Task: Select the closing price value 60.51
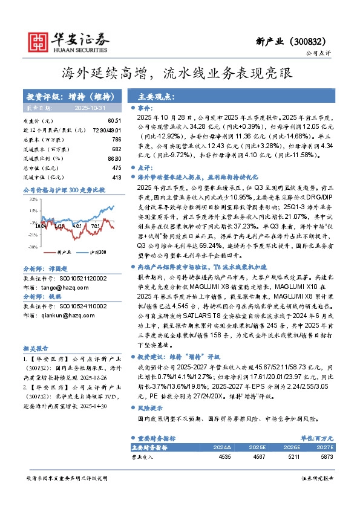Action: (115, 121)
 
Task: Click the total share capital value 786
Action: (117, 139)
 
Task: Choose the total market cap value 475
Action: (117, 167)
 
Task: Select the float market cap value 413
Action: (117, 177)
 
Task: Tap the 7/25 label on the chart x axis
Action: (96, 226)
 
